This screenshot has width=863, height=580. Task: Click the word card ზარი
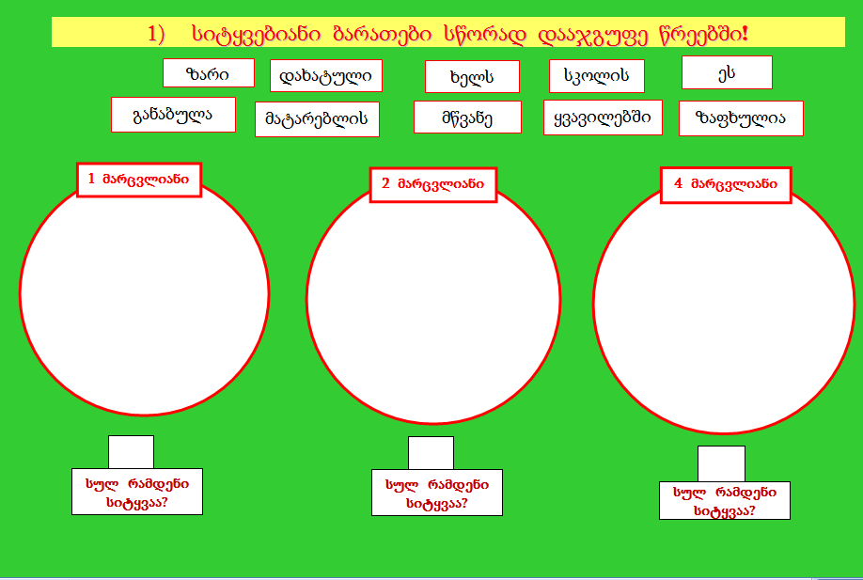[209, 72]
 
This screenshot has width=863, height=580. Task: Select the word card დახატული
[325, 75]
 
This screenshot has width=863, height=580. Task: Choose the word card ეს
[727, 72]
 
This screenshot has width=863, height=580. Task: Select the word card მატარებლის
[317, 119]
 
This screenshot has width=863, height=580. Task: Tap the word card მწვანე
[467, 118]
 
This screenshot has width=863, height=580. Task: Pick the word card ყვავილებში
[603, 118]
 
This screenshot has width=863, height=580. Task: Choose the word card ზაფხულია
[741, 118]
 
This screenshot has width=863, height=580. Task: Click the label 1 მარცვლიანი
[139, 179]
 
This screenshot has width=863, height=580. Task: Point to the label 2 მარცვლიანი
[432, 185]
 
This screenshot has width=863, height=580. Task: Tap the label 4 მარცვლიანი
[726, 184]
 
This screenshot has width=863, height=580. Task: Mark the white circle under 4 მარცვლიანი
[723, 306]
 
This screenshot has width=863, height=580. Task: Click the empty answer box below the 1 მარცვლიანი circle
[131, 451]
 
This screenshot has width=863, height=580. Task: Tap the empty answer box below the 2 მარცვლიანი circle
[431, 452]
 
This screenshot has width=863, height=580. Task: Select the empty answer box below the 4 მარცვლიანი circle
[721, 463]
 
